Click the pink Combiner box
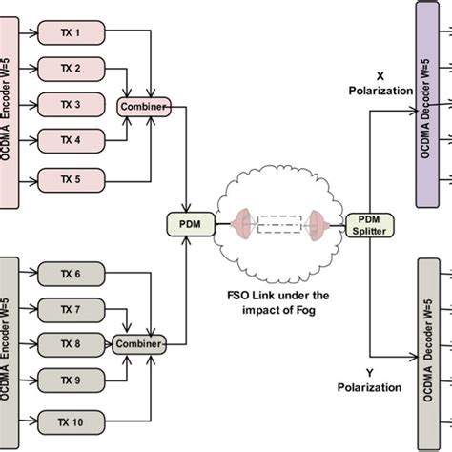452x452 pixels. click(x=143, y=106)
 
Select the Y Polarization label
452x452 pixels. click(x=367, y=380)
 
